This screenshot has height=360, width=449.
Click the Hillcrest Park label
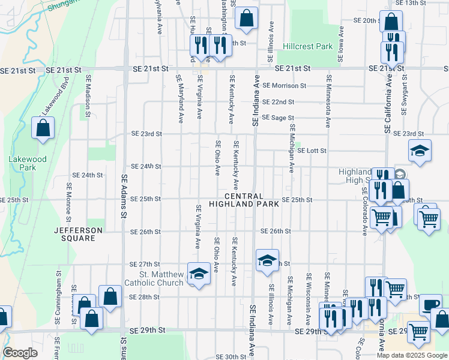tap(307, 46)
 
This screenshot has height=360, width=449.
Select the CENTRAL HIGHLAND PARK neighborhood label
tap(244, 200)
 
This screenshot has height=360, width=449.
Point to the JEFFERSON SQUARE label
tap(74, 234)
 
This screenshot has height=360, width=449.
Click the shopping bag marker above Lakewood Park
tap(43, 128)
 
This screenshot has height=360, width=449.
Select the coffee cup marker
tap(430, 304)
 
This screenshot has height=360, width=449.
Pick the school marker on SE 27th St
tap(267, 260)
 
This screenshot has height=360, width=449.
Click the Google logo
tap(20, 353)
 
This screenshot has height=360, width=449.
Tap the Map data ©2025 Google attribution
tap(412, 355)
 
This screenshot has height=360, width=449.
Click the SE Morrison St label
tap(285, 86)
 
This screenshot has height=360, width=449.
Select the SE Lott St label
tap(312, 151)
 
